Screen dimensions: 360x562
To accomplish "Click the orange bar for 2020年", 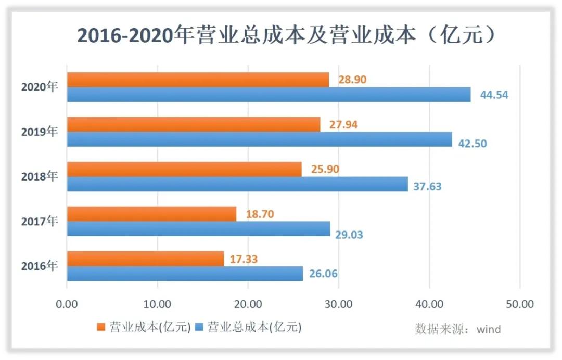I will [198, 80].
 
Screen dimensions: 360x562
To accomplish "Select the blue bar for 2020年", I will [269, 95].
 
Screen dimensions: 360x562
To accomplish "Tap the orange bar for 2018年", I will [184, 169].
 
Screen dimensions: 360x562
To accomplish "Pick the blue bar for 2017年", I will [198, 229].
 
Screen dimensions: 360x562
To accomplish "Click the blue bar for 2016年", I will [185, 274].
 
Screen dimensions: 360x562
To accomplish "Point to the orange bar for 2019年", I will [194, 124].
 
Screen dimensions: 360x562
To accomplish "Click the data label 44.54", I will [493, 95].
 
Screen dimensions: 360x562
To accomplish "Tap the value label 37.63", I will [427, 186].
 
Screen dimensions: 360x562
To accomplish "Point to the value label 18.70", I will [259, 214].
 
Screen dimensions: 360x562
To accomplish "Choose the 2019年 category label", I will [39, 132].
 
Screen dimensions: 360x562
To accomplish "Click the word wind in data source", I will [489, 329].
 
